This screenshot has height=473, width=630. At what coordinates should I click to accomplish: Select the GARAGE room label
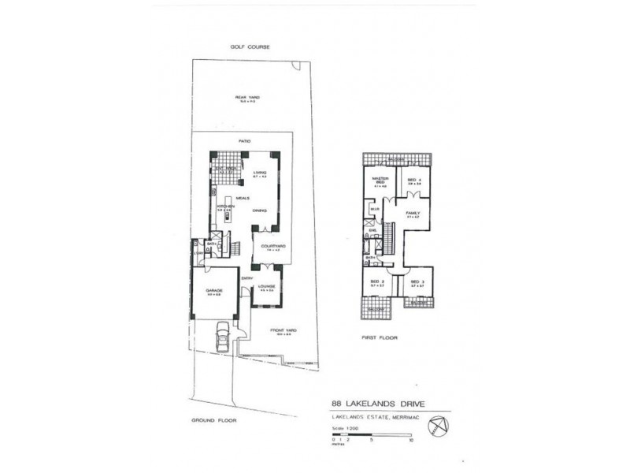click(214, 291)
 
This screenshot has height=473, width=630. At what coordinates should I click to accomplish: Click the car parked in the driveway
click(223, 341)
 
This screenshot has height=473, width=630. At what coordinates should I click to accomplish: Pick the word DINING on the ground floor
click(259, 210)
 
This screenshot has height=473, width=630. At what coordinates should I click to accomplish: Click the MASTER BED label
click(378, 182)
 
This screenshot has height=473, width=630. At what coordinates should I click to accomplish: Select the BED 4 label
click(413, 180)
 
